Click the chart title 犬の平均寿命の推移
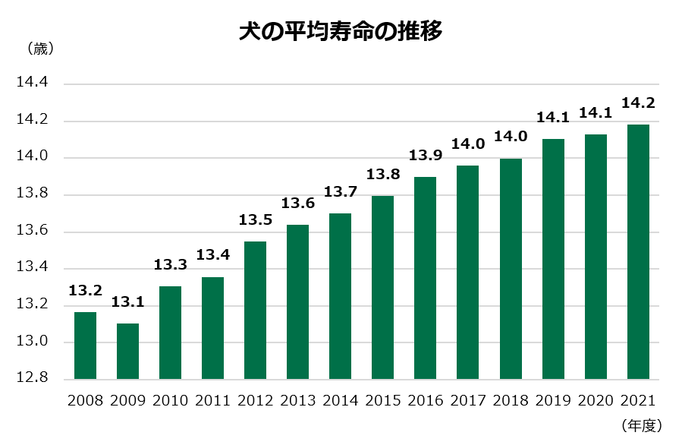pos(340,32)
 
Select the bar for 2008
pos(85,346)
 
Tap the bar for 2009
pos(127,351)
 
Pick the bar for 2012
pos(255,310)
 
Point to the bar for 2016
pos(425,278)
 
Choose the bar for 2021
pos(638,251)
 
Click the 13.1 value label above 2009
pos(127,302)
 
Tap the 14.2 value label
pos(638,103)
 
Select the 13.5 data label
pos(255,220)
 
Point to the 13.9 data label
pos(425,156)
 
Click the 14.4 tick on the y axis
pos(32,84)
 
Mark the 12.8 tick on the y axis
pos(32,379)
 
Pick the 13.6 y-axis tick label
pos(32,232)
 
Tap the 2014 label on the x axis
pos(340,400)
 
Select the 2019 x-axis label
pos(552,400)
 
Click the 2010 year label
pos(170,400)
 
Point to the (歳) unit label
pos(40,49)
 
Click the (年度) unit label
pos(642,425)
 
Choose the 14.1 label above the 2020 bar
pos(596,113)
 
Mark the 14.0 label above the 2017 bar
pos(467,144)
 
